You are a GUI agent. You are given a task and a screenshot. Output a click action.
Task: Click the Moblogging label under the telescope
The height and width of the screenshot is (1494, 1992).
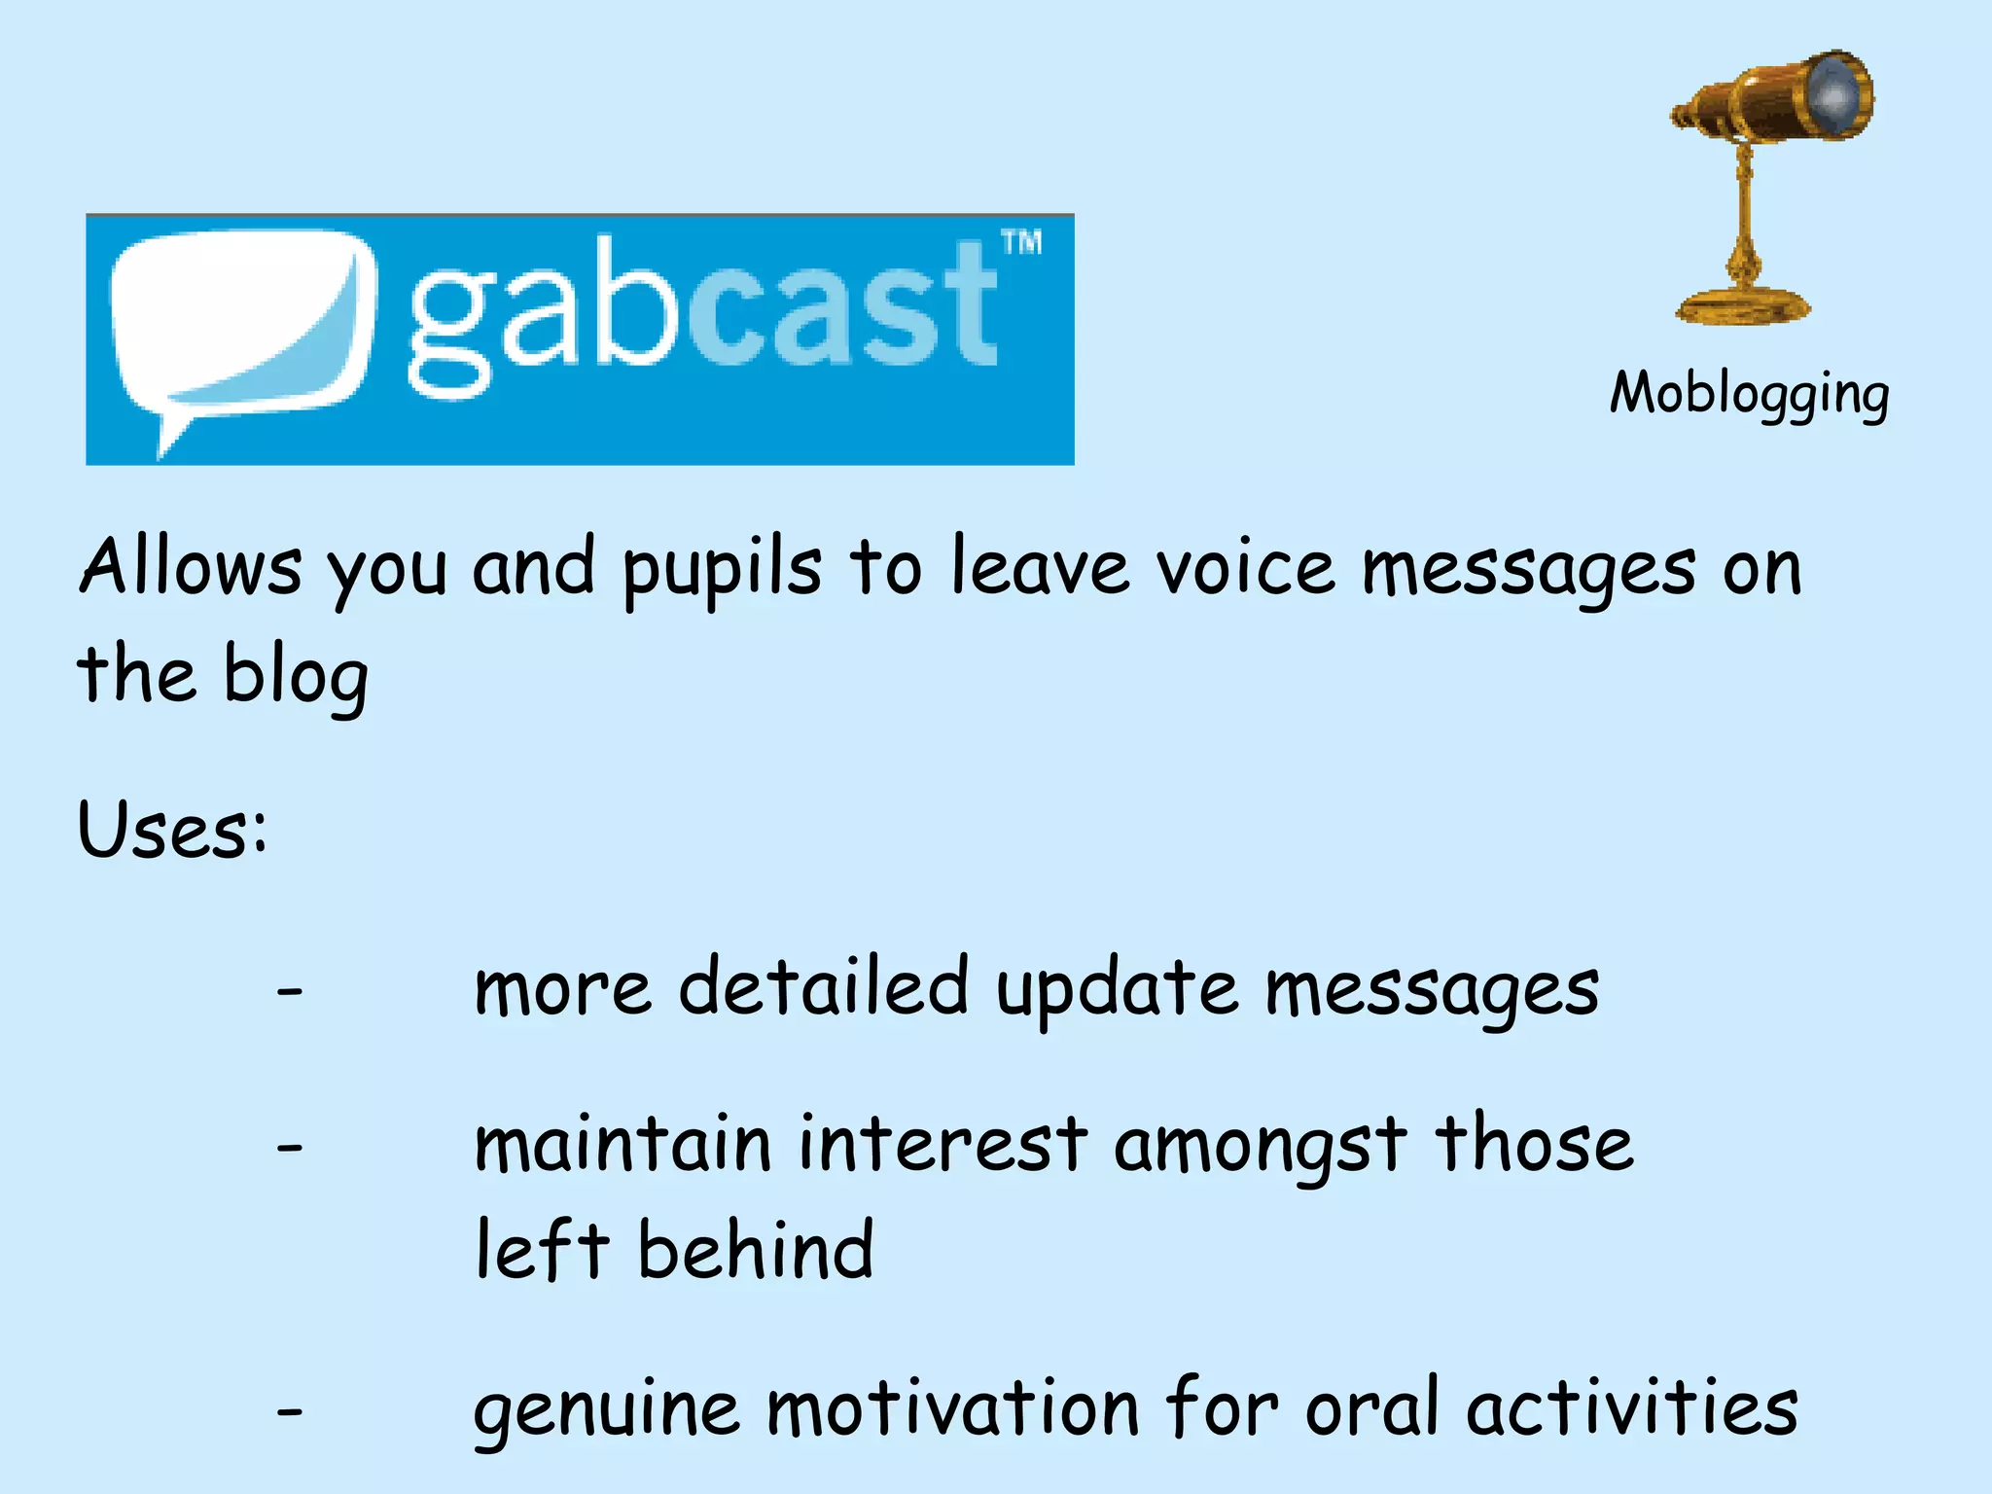point(1749,394)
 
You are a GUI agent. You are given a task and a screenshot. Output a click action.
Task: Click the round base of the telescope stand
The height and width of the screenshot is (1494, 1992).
point(1742,306)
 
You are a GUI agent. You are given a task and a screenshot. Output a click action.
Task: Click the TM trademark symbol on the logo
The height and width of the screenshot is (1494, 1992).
point(1022,242)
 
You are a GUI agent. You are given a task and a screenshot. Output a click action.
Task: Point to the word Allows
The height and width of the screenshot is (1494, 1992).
point(191,567)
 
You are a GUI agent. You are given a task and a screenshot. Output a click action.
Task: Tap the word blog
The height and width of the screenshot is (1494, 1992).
point(296,677)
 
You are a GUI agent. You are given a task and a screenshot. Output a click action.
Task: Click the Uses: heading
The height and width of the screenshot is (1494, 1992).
point(172,830)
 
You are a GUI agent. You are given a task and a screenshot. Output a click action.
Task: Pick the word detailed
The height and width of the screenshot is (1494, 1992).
point(823,987)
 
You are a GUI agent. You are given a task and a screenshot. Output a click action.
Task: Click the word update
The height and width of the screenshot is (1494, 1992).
point(1117,990)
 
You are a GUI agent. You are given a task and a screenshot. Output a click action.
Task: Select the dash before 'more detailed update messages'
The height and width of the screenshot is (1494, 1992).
point(290,992)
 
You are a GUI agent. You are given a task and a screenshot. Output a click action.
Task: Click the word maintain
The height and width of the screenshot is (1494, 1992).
point(622,1144)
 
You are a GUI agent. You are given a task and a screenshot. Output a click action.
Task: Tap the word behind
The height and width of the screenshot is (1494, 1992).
point(756,1250)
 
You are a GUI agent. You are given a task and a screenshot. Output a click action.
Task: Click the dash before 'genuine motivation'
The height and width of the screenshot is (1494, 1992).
point(290,1411)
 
